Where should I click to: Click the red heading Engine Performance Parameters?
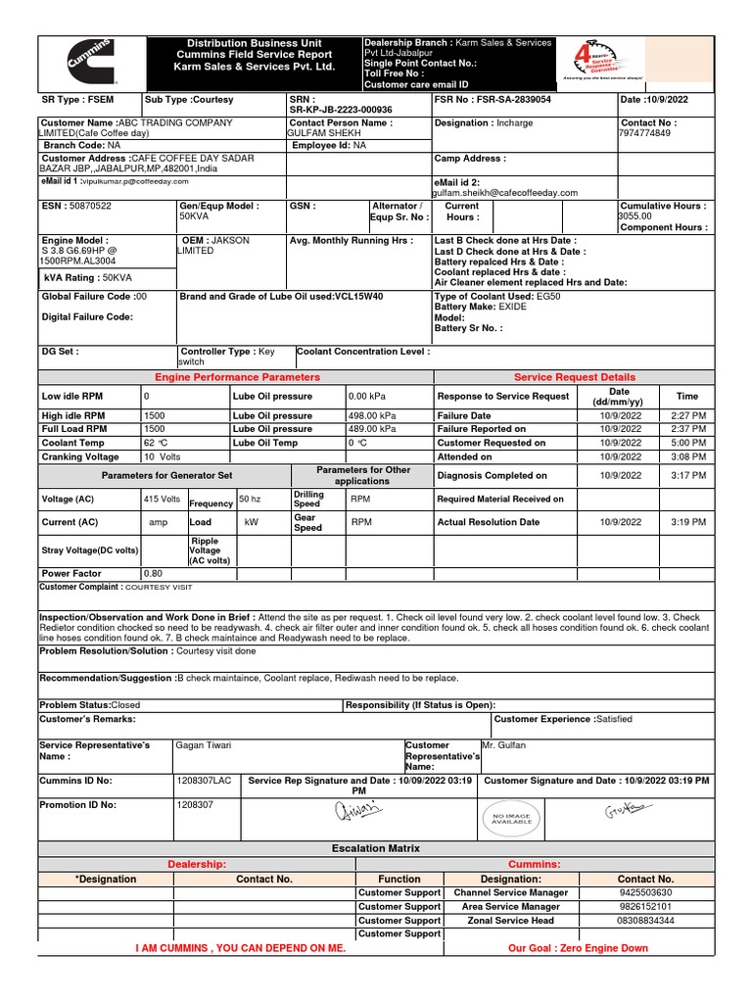[x=237, y=377]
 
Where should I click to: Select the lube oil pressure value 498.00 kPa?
[x=373, y=416]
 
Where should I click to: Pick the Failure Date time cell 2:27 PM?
[x=688, y=416]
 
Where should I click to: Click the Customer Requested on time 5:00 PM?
[x=688, y=443]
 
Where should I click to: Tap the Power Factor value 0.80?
[x=154, y=574]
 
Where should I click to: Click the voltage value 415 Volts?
[x=162, y=500]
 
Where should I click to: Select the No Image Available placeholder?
[x=510, y=819]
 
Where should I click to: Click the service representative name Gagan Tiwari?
[x=204, y=745]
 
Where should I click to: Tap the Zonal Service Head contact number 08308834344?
[x=645, y=921]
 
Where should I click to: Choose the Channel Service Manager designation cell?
[x=510, y=893]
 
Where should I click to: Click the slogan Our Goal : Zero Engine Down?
[x=578, y=949]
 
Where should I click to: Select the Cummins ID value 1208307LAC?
[x=204, y=781]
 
